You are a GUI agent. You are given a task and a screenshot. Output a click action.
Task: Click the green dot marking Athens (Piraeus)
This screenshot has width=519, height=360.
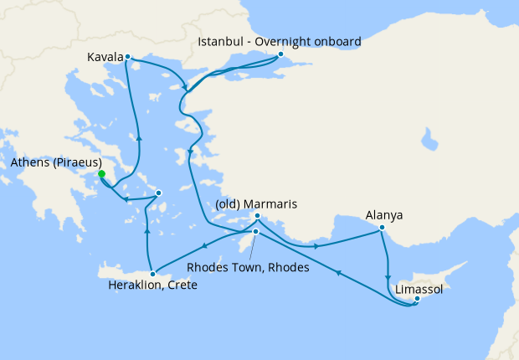(x=101, y=174)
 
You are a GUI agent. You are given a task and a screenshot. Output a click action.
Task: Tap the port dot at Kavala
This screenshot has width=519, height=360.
(x=127, y=57)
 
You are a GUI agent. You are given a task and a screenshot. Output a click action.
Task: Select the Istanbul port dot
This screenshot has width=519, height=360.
(x=281, y=55)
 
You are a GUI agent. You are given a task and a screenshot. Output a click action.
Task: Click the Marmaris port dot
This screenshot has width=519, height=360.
(x=257, y=216)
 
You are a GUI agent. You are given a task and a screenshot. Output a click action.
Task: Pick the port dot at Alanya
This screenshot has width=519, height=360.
(x=382, y=227)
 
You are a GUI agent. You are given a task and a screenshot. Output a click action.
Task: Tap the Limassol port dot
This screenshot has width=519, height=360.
(x=417, y=298)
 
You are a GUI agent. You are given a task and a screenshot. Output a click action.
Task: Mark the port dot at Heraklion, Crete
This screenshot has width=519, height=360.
(x=152, y=271)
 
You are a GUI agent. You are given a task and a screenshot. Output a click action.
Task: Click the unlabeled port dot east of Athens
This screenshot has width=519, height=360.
(x=159, y=194)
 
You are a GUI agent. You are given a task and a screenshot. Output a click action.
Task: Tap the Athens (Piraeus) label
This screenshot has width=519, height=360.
(x=56, y=162)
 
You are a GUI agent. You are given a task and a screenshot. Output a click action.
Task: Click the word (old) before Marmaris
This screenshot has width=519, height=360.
(x=229, y=203)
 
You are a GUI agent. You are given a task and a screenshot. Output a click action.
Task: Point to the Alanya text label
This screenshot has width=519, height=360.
(x=384, y=214)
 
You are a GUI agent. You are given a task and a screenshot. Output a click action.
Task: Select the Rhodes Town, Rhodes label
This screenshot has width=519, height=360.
(x=248, y=268)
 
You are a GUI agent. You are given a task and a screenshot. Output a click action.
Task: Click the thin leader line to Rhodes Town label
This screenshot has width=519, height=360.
(x=250, y=246)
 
